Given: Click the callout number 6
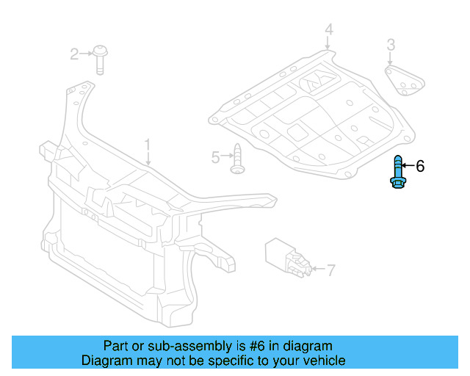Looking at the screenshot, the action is pyautogui.click(x=420, y=166).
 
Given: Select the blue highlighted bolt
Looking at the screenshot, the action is pyautogui.click(x=397, y=172).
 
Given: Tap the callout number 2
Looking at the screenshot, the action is pyautogui.click(x=74, y=54).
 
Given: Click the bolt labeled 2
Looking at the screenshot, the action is pyautogui.click(x=100, y=59).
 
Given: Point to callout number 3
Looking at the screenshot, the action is pyautogui.click(x=391, y=44).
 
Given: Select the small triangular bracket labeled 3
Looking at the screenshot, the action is pyautogui.click(x=405, y=81).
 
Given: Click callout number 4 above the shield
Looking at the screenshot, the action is pyautogui.click(x=329, y=29).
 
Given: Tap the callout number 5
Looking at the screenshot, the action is pyautogui.click(x=215, y=157).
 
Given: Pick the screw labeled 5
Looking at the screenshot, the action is pyautogui.click(x=238, y=159).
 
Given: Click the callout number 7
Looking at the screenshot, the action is pyautogui.click(x=330, y=270).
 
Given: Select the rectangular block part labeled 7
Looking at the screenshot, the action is pyautogui.click(x=288, y=257).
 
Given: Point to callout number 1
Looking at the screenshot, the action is pyautogui.click(x=147, y=146).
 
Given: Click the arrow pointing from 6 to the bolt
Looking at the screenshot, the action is pyautogui.click(x=408, y=165).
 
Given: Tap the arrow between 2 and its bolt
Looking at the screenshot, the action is pyautogui.click(x=86, y=54).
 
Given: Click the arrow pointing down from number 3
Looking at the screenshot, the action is pyautogui.click(x=390, y=58).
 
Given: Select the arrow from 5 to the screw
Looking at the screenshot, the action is pyautogui.click(x=227, y=155).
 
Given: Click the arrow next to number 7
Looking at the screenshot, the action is pyautogui.click(x=318, y=268).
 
